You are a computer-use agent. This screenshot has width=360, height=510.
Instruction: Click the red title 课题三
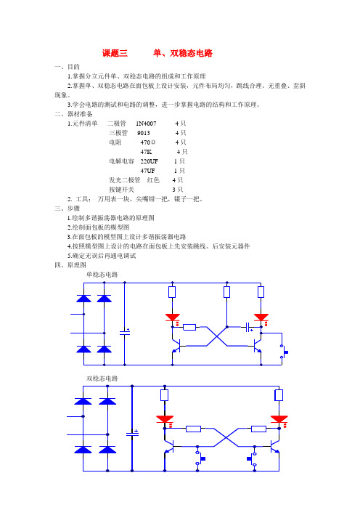coord(115,53)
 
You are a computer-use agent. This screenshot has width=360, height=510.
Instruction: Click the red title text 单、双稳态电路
coord(183,53)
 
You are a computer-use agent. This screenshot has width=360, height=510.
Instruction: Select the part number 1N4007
coord(146,124)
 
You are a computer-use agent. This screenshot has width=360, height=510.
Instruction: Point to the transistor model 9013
coord(144,133)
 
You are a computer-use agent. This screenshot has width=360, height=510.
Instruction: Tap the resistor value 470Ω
coord(148,142)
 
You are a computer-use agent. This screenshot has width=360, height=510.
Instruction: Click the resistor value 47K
coord(146,152)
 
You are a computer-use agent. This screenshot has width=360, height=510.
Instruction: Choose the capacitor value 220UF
coord(149,161)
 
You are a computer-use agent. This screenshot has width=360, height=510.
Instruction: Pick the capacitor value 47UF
coord(147,171)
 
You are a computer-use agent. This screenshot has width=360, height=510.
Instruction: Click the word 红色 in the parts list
coord(153,180)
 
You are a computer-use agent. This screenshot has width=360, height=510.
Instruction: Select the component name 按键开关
coord(121,190)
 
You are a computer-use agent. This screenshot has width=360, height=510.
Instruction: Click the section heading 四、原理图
coord(70,265)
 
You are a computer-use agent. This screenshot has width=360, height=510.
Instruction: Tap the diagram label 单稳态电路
coord(102,275)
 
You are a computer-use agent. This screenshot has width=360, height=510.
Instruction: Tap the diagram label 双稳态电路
coord(102,379)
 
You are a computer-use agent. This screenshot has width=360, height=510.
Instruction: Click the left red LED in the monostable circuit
coord(173,317)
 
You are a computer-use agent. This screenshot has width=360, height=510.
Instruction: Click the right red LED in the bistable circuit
coord(279,419)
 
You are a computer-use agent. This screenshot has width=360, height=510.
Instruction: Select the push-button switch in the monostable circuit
coord(284,352)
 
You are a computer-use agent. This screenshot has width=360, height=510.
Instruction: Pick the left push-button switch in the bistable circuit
coord(200,458)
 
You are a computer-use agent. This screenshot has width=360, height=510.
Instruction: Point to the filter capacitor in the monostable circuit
coord(125,332)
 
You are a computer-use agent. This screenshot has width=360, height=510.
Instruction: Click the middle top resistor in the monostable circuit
coord(226,292)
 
